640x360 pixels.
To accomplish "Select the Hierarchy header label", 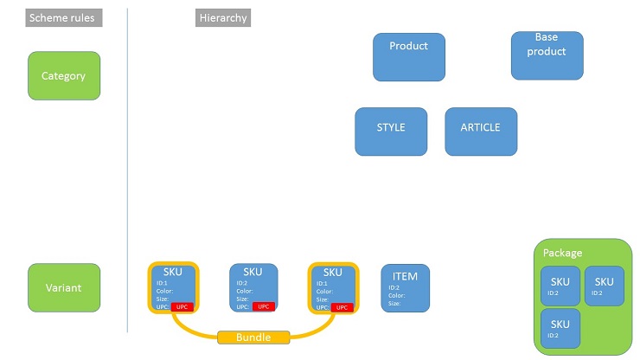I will click(223, 17).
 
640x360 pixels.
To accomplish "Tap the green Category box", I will click(64, 75).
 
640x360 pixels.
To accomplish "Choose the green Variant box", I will click(64, 287).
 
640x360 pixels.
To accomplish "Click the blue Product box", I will click(409, 56).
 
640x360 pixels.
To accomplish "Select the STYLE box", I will click(391, 131).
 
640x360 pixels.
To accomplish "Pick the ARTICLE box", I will click(481, 131).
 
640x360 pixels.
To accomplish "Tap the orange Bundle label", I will click(253, 337).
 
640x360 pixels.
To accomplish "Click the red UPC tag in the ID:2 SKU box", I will click(264, 306).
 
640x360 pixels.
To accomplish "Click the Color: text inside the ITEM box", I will click(399, 295).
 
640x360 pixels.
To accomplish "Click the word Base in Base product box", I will click(547, 37).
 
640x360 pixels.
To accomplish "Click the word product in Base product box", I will click(547, 51).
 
